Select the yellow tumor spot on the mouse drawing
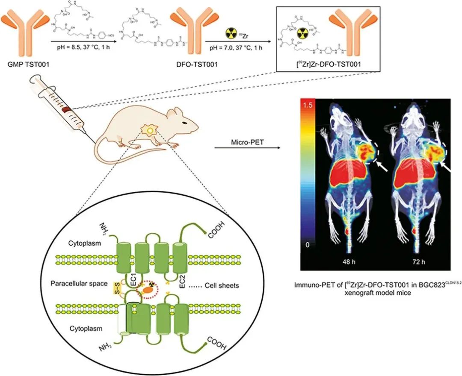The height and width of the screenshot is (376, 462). point(150,129)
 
